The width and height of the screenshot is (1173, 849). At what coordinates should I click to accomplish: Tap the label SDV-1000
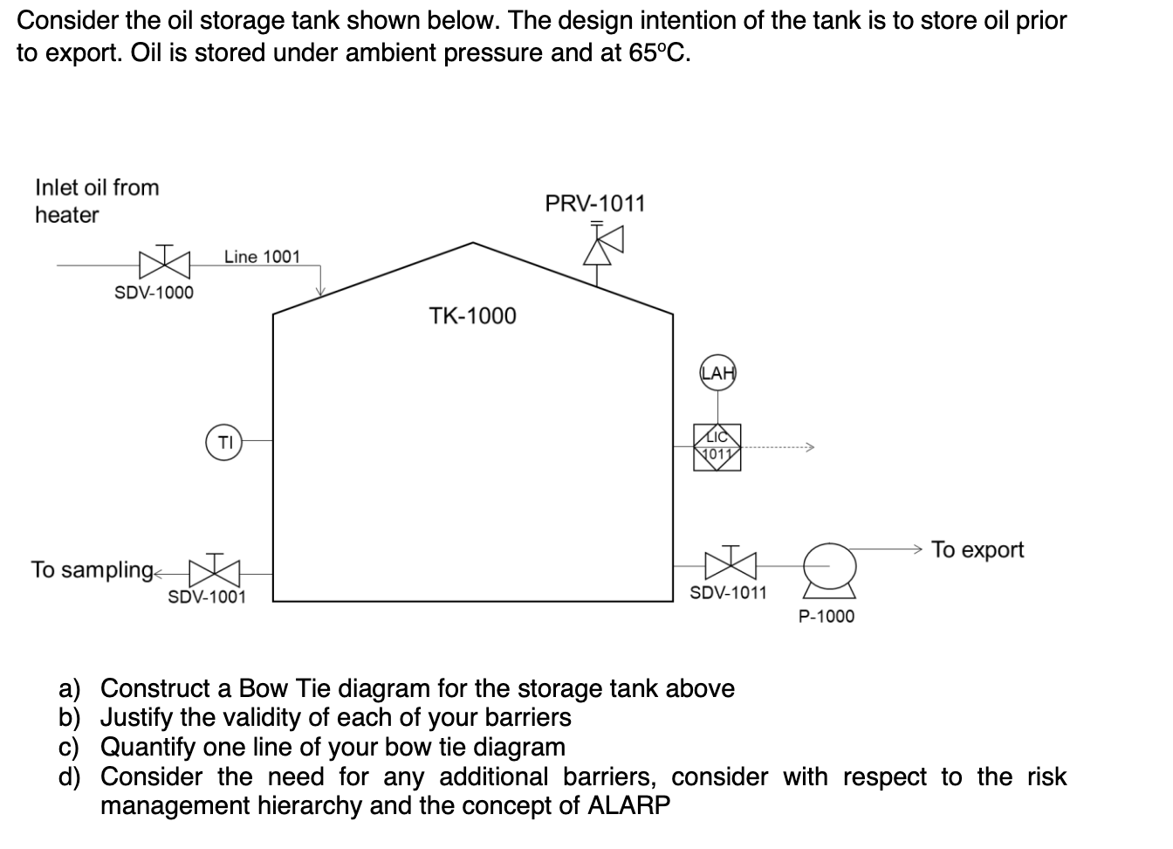(154, 293)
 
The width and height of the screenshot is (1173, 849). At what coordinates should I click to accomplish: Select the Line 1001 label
(261, 257)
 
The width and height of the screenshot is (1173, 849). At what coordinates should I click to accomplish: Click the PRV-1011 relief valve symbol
(600, 245)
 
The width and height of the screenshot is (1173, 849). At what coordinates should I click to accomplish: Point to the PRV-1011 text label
(594, 204)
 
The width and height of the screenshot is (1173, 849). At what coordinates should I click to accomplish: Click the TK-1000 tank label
(472, 316)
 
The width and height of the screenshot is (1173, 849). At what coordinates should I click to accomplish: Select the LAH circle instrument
(717, 374)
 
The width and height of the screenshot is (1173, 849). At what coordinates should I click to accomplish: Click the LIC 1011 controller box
(717, 448)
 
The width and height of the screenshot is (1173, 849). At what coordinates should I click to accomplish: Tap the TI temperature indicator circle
(224, 441)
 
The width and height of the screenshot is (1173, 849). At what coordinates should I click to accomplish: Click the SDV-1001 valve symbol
(213, 572)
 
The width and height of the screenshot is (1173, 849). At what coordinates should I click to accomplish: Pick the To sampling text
(92, 570)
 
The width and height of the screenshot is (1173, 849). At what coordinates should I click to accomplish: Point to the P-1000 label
(827, 617)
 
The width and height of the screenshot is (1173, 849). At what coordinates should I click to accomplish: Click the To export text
(977, 550)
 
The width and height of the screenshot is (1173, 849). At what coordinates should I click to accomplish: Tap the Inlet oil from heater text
(96, 201)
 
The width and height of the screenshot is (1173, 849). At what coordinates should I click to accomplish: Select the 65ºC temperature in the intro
(658, 54)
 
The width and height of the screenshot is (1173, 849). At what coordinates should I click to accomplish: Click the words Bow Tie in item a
(285, 689)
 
